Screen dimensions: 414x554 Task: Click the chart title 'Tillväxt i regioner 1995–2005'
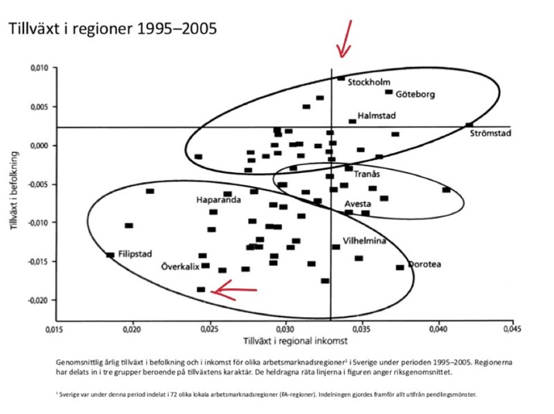[x=111, y=29]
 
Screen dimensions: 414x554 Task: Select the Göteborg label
[x=415, y=94]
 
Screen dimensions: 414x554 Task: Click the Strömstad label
[x=490, y=134]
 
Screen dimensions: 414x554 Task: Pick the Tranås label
[x=367, y=174]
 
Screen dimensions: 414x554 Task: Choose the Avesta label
[x=358, y=204]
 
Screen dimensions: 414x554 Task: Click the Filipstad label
[x=134, y=254]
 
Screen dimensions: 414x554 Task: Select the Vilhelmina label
[x=364, y=241]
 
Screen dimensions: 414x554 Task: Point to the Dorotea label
[x=425, y=264]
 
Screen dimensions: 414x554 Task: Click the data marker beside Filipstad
[x=109, y=255]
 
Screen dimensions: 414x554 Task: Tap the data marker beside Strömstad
[x=470, y=125]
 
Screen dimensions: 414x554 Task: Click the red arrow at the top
[x=344, y=38]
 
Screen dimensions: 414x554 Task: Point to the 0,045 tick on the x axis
[x=512, y=330]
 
